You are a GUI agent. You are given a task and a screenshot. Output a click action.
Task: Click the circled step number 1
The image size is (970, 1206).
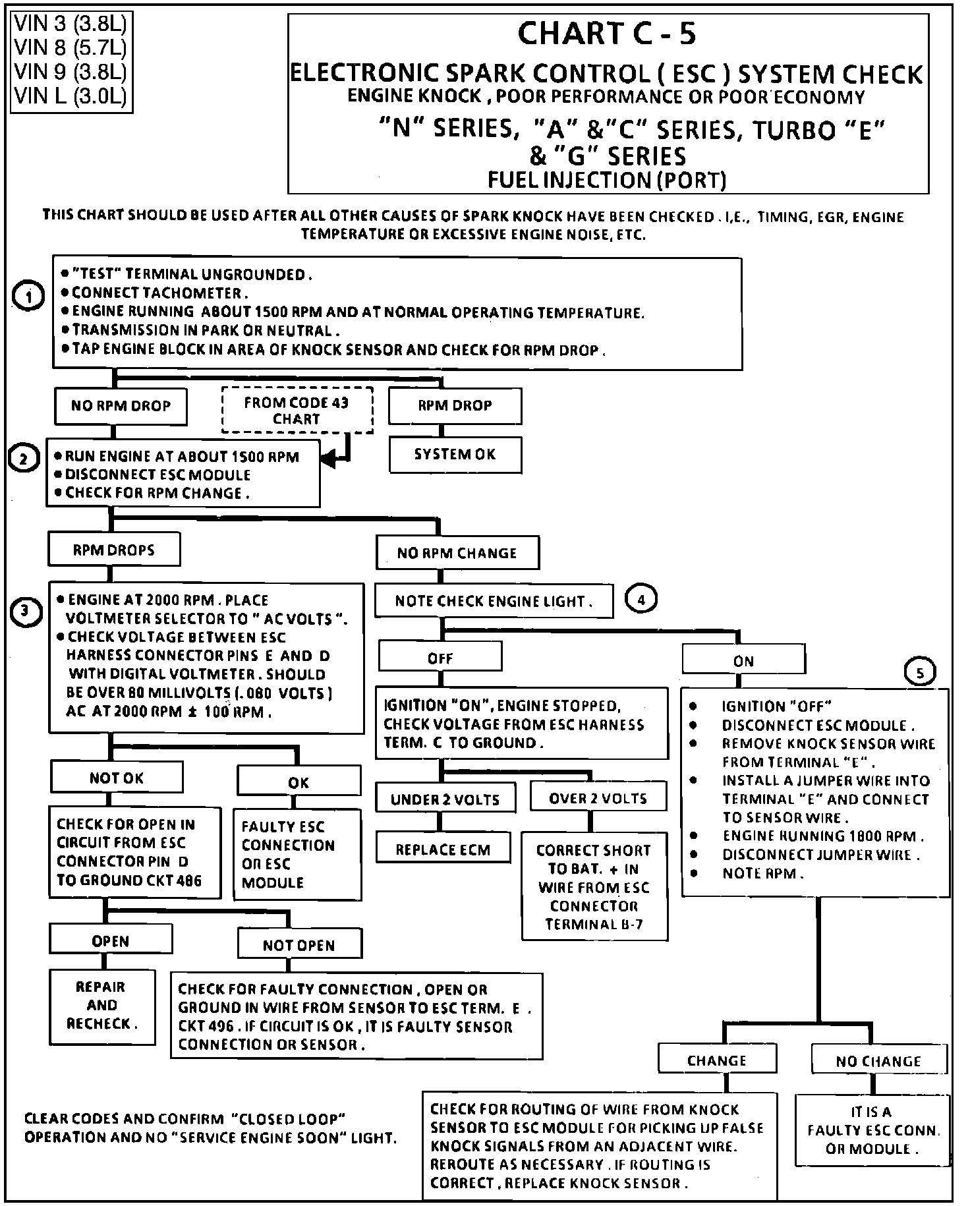28,298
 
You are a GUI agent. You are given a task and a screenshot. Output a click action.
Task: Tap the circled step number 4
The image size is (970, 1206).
641,599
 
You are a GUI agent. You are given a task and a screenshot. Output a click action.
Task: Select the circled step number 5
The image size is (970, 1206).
921,673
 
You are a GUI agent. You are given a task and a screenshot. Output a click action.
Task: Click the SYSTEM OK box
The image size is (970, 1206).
455,455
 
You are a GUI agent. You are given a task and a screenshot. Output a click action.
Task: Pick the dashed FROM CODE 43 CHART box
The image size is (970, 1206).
297,410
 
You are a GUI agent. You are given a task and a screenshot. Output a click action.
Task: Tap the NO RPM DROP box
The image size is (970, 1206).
121,406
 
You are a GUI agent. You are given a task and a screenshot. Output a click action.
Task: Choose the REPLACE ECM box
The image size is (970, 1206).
443,849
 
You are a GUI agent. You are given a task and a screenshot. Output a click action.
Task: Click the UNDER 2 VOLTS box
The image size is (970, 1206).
445,799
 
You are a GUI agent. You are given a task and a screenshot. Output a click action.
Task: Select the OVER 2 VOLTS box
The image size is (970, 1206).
598,798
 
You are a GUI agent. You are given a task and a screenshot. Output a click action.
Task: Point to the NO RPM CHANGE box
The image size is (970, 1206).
457,553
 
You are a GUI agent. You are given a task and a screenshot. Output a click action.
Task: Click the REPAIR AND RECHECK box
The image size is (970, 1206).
102,1005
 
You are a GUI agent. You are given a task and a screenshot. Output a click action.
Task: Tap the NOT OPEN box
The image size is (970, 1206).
299,945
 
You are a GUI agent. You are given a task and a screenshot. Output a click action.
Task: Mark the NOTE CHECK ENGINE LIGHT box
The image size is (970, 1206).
494,601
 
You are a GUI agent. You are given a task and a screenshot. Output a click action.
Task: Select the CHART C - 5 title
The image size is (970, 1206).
606,33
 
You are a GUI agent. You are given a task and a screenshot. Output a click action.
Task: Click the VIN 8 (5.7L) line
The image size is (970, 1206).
70,47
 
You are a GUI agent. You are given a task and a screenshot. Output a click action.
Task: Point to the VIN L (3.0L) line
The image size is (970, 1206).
70,96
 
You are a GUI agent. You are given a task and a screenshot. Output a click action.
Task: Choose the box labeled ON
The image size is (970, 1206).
743,661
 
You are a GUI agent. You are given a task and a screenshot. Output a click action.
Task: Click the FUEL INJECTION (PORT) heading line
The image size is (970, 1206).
607,179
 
